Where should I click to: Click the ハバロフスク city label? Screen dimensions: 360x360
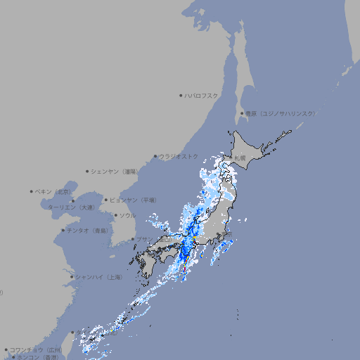click(x=202, y=95)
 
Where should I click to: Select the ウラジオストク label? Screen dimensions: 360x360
click(x=179, y=156)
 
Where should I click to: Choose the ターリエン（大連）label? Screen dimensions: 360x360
click(x=71, y=207)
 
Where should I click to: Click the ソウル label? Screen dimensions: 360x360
click(x=127, y=215)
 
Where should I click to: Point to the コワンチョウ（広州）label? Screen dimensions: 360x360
click(x=36, y=349)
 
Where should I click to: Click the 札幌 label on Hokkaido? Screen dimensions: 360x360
click(x=240, y=158)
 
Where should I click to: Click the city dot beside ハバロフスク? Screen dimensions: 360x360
click(x=181, y=95)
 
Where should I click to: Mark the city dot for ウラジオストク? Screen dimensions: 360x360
click(x=155, y=156)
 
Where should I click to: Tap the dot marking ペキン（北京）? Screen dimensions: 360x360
click(x=32, y=191)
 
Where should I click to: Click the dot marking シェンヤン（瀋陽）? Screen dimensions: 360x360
click(x=87, y=171)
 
